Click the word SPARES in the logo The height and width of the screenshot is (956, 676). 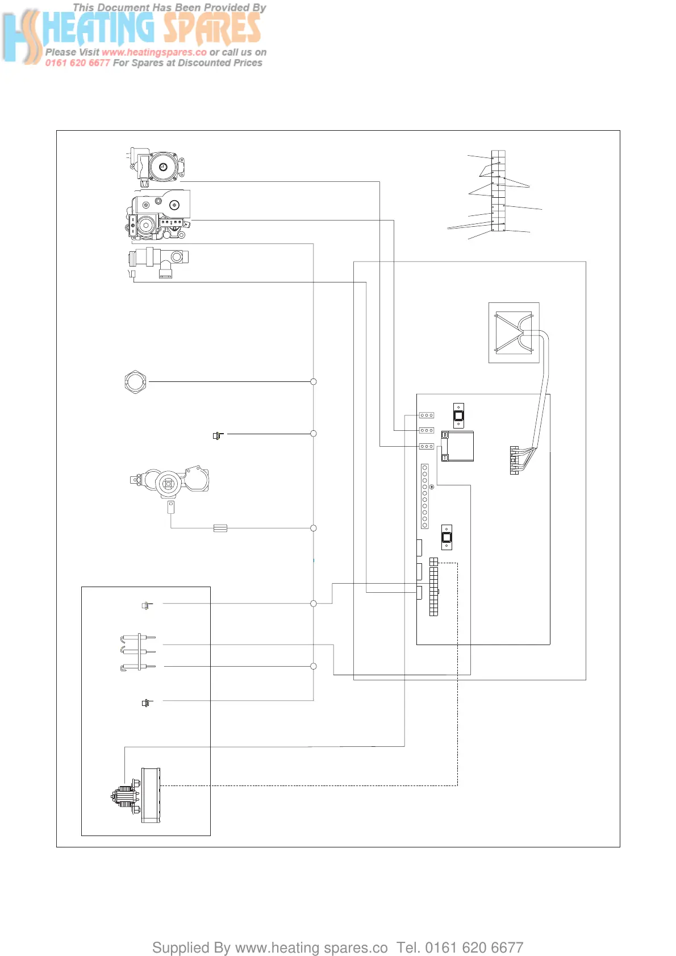click(x=212, y=28)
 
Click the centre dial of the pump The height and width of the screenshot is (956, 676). click(x=163, y=167)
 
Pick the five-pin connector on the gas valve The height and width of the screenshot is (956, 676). click(x=171, y=222)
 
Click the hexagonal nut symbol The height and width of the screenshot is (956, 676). click(x=135, y=381)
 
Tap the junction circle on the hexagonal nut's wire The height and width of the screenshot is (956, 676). click(x=313, y=381)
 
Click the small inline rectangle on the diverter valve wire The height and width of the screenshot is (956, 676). click(x=220, y=528)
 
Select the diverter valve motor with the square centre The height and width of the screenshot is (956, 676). click(x=168, y=484)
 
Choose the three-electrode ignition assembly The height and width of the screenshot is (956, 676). click(x=138, y=652)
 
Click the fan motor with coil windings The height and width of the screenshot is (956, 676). click(x=126, y=795)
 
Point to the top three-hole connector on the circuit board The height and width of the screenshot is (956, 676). click(x=427, y=415)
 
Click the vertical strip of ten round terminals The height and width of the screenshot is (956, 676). click(x=424, y=496)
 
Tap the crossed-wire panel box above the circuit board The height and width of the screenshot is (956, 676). click(x=514, y=332)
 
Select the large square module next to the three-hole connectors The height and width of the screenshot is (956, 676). click(x=458, y=446)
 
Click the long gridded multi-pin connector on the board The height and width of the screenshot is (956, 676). click(x=433, y=587)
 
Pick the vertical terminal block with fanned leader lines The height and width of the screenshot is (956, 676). click(x=498, y=190)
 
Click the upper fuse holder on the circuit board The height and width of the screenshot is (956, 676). click(x=458, y=415)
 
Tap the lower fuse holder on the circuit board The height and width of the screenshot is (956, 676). click(x=447, y=537)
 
